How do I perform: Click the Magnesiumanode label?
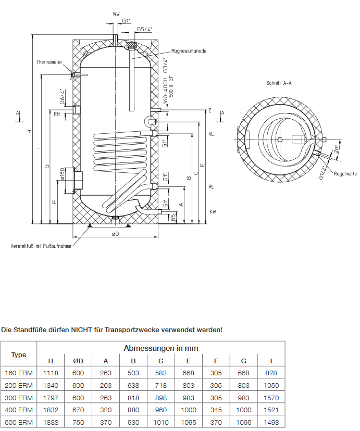pos(189,51)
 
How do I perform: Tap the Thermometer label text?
pos(49,62)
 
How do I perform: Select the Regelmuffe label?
pos(345,173)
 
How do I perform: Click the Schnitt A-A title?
pos(279,83)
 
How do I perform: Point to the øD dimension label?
pos(115,234)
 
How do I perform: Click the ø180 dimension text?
pos(62,174)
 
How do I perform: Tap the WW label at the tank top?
pos(116,14)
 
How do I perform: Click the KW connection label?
pos(213,212)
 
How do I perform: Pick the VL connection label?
pos(211,134)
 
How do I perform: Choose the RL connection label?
pos(211,186)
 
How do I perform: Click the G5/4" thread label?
pos(144,30)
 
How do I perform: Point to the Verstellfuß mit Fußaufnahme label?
pos(41,246)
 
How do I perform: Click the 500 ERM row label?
pos(19,422)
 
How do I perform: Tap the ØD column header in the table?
pos(78,361)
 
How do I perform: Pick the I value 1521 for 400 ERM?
pos(271,410)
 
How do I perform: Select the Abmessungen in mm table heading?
pos(160,348)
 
